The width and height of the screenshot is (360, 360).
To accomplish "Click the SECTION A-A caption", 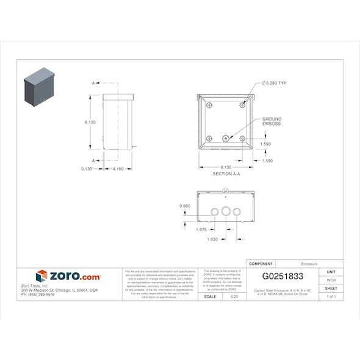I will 226,174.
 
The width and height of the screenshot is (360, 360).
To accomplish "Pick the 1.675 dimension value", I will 201,230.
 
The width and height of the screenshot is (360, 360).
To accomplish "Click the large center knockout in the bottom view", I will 226,211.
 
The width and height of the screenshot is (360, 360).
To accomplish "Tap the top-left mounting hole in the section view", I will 209,106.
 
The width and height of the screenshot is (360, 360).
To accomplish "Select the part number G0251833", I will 283,276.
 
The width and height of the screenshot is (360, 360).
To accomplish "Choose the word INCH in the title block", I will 331,280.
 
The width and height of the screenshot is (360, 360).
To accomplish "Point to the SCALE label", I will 209,297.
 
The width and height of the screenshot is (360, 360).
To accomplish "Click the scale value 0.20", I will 234,297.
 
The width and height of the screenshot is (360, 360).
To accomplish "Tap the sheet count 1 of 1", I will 331,297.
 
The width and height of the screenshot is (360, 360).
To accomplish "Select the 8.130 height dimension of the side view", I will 90,123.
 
